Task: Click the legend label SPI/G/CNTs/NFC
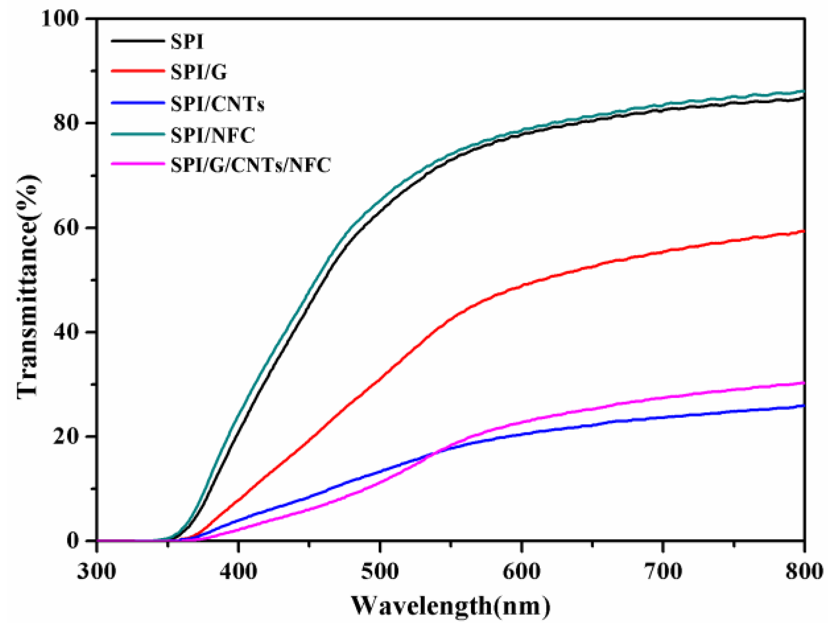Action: click(251, 165)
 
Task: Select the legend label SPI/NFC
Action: click(213, 135)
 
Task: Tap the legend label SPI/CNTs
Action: click(218, 104)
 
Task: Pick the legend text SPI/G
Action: click(199, 73)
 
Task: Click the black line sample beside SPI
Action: click(137, 41)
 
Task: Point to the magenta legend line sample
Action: click(137, 164)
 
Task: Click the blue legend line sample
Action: click(137, 103)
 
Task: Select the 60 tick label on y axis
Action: click(67, 228)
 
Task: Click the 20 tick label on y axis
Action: click(67, 436)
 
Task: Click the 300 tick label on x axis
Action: click(97, 571)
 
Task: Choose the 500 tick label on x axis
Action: click(380, 571)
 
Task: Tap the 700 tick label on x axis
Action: click(663, 571)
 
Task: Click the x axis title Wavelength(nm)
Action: click(451, 606)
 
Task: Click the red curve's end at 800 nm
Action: click(804, 231)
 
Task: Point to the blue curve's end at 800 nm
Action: click(804, 406)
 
